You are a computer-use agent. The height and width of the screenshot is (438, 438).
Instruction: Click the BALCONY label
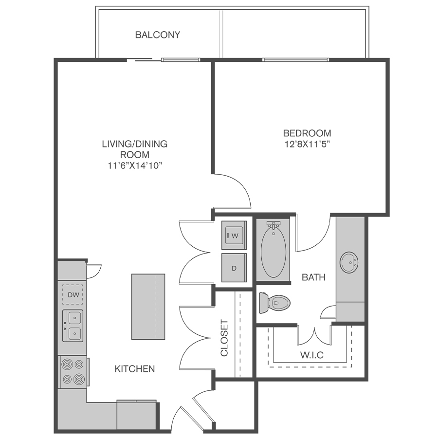(x=158, y=35)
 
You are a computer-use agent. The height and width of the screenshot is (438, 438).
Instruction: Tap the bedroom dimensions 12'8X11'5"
(x=307, y=145)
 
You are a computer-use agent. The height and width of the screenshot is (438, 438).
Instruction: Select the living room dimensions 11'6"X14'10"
(x=135, y=166)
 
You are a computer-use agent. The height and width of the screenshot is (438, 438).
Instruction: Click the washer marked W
(x=234, y=236)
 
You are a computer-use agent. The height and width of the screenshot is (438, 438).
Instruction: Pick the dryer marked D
(x=234, y=268)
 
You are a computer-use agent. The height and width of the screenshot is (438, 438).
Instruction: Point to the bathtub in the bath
(x=274, y=250)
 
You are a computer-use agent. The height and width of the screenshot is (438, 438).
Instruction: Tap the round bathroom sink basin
(x=349, y=263)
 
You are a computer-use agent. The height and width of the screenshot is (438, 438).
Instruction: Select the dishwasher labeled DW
(x=73, y=294)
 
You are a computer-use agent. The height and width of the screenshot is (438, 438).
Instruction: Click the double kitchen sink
(x=73, y=326)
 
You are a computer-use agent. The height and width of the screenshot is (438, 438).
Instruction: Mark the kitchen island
(x=148, y=307)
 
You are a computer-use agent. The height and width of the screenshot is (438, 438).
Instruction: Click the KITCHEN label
(x=135, y=369)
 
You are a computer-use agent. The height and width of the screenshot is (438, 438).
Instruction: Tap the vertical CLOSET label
(x=224, y=338)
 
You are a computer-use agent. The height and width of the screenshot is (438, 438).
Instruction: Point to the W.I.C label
(x=312, y=355)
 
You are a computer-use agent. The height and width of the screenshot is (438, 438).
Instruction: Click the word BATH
(x=314, y=277)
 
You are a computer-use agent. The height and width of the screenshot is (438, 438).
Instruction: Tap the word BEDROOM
(x=307, y=133)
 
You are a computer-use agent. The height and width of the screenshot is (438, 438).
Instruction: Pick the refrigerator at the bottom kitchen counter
(x=137, y=416)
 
